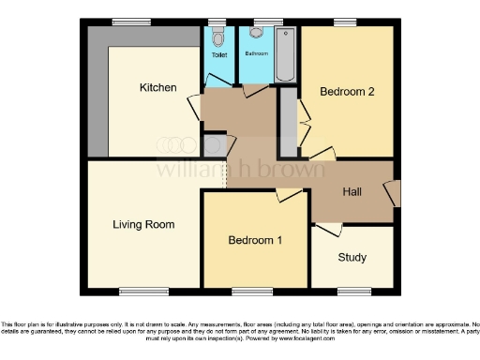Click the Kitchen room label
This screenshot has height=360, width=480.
[x=157, y=88]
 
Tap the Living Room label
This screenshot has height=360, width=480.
[x=143, y=225]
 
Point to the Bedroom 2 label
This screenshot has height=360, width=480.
[x=347, y=92]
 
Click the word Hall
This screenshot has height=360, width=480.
[x=352, y=192]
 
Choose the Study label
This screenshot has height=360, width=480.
[x=352, y=257]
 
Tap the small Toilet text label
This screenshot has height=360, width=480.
[x=218, y=55]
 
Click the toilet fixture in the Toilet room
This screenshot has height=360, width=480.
[x=218, y=37]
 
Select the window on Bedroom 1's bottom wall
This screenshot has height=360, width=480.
[x=253, y=291]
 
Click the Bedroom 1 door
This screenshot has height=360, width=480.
[x=287, y=194]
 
